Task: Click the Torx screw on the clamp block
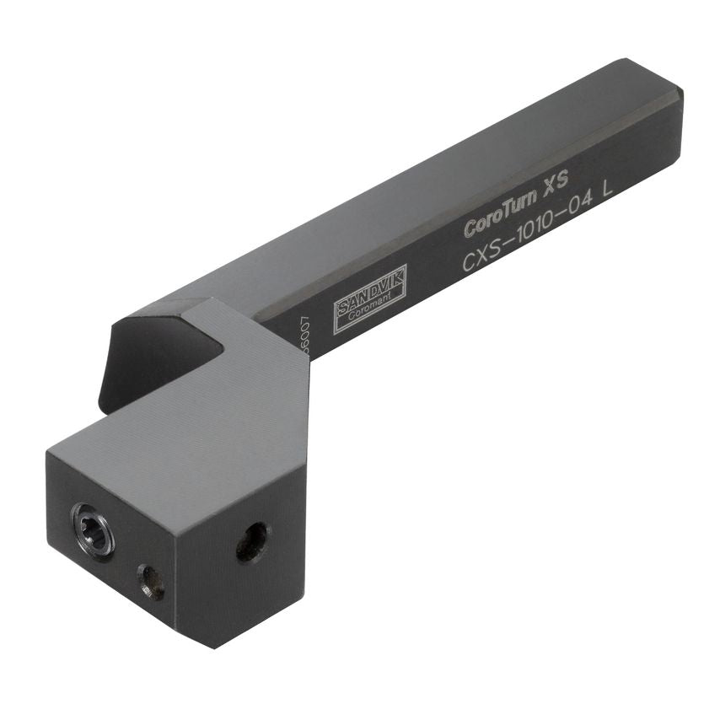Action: tap(94, 528)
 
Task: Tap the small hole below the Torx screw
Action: tap(152, 583)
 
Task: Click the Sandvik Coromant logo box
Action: tap(370, 292)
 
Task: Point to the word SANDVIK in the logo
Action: tap(369, 287)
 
